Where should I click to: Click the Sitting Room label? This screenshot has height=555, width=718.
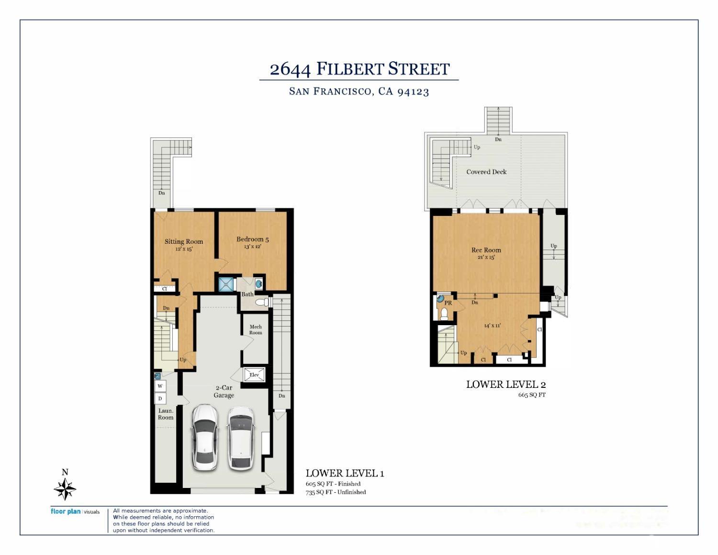[x=184, y=241]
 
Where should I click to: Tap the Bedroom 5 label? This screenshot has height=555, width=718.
[x=252, y=239]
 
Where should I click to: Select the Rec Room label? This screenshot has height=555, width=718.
[x=486, y=250]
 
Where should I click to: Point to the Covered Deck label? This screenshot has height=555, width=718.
[x=486, y=171]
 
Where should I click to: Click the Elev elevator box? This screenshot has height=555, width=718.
[x=254, y=374]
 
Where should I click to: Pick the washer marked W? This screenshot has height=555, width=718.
[x=160, y=386]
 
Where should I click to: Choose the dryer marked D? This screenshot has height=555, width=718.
[x=160, y=398]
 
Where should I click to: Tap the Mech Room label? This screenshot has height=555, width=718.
[x=256, y=329]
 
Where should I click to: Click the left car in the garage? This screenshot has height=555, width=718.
[x=205, y=437]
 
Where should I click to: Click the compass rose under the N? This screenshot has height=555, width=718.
[x=65, y=489]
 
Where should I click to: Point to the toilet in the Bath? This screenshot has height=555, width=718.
[x=263, y=302]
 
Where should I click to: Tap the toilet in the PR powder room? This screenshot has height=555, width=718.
[x=444, y=314]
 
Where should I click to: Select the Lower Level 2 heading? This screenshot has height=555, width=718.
[x=505, y=385]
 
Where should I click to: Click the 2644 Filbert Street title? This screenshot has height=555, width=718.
[x=359, y=69]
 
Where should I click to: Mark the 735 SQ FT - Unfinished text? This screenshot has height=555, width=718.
[x=336, y=492]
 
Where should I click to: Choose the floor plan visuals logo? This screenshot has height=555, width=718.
[x=75, y=512]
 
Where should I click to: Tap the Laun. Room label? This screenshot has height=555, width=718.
[x=166, y=414]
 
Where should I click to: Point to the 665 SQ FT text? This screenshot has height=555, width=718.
[x=532, y=395]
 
